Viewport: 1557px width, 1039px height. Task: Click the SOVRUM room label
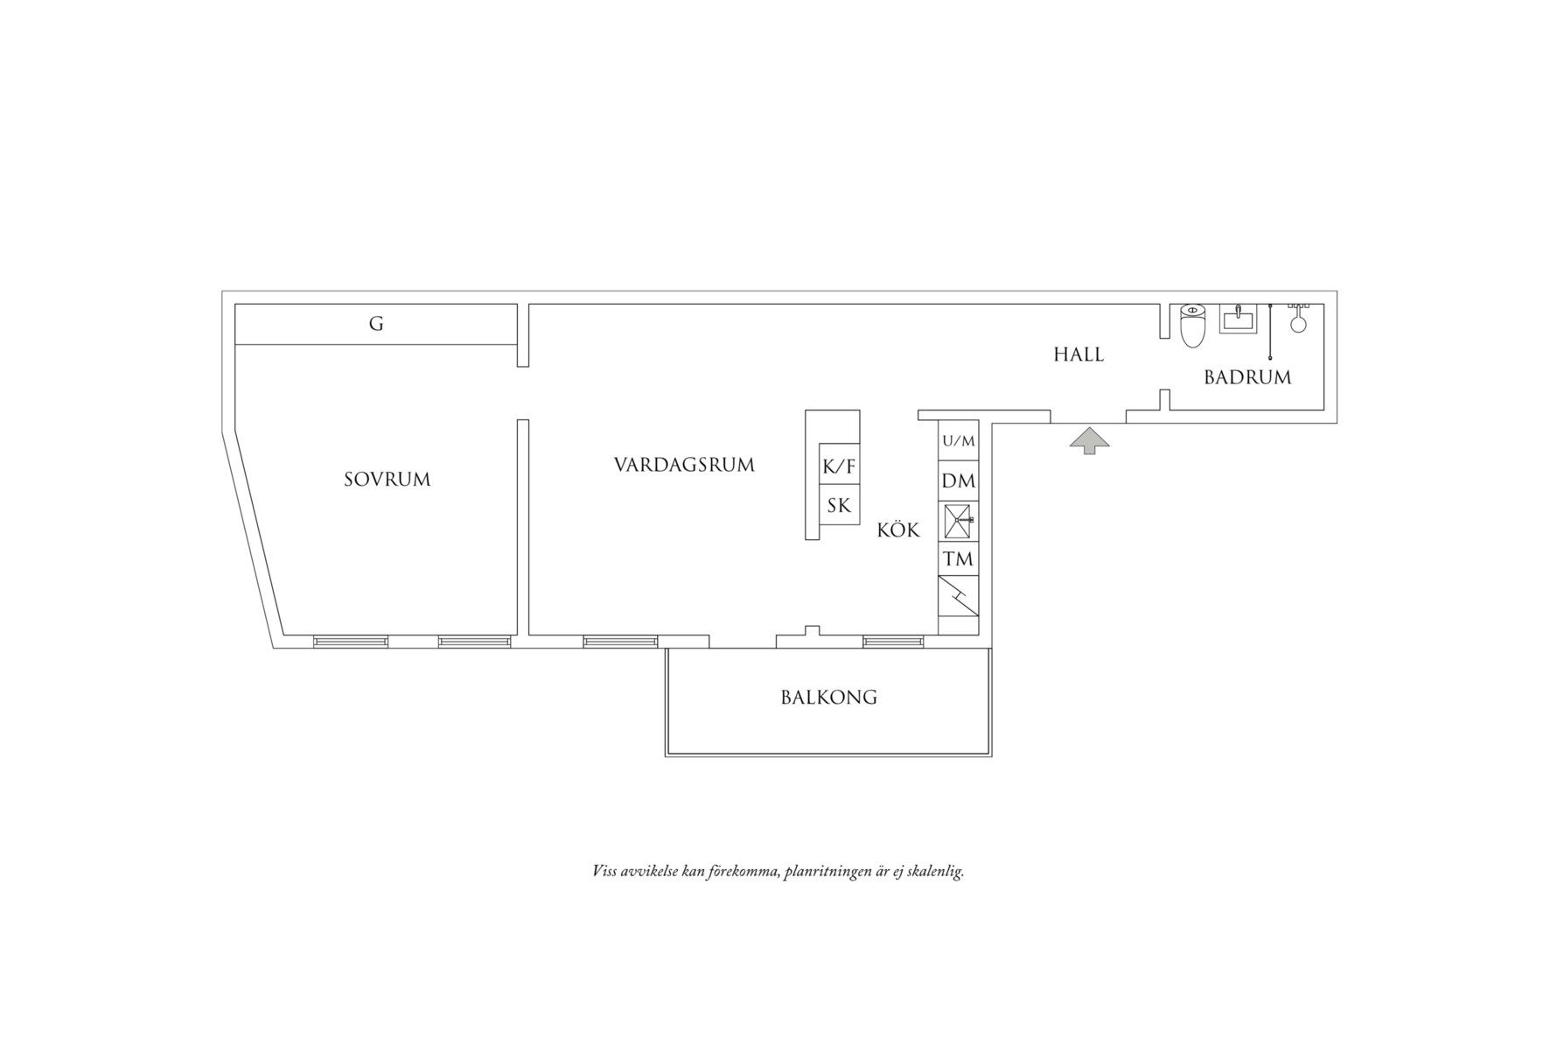click(387, 480)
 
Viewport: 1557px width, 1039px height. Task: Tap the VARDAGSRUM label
click(684, 465)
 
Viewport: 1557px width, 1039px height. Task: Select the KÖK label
click(898, 530)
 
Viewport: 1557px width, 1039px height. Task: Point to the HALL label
click(1079, 355)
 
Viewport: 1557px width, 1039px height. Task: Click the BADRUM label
click(1247, 377)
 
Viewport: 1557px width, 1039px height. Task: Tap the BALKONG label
click(828, 698)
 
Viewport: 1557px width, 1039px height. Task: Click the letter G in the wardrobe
click(376, 324)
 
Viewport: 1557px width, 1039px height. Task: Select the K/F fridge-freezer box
click(839, 467)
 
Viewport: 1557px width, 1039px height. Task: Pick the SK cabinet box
click(839, 505)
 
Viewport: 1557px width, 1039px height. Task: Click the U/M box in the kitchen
click(958, 441)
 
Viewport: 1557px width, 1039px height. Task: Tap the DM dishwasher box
click(958, 481)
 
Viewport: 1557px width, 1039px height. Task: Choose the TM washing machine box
click(958, 558)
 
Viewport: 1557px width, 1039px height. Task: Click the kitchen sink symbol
click(958, 522)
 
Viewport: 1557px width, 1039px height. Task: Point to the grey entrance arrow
click(1089, 440)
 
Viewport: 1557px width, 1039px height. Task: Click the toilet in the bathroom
click(1192, 325)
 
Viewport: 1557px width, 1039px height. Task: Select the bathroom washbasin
click(1238, 319)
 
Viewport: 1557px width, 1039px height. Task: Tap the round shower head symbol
click(1298, 324)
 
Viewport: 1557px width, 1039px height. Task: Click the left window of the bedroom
click(350, 642)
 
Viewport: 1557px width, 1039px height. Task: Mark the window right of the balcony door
click(893, 642)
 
